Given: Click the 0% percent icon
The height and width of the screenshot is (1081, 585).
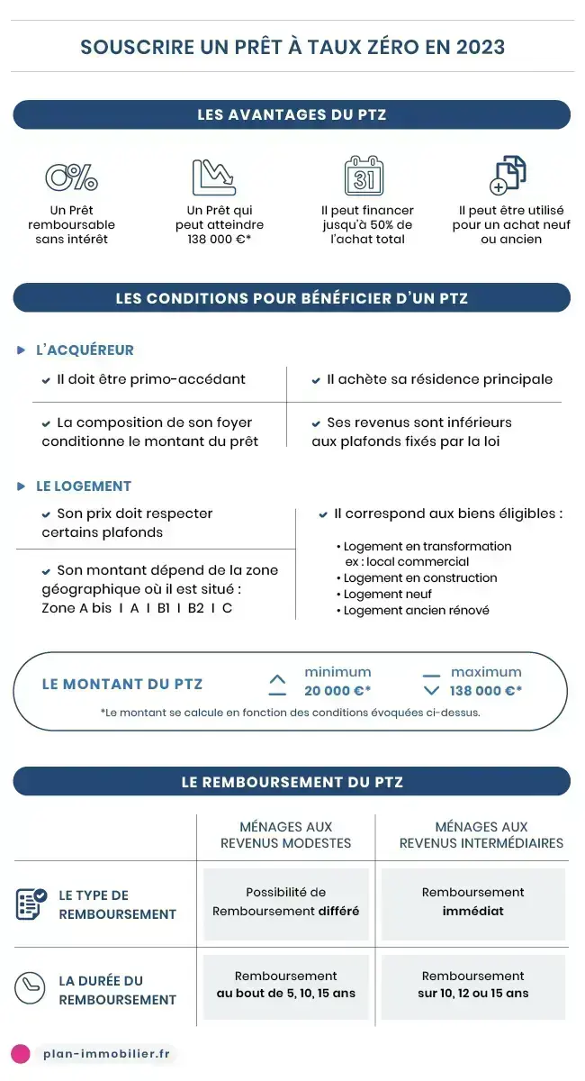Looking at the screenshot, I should [x=71, y=177].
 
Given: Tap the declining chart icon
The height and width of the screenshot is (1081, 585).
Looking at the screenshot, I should [x=213, y=177].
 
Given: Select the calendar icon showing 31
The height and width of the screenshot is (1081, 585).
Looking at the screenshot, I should [x=364, y=177].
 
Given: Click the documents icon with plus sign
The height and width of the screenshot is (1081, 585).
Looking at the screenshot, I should [x=508, y=176].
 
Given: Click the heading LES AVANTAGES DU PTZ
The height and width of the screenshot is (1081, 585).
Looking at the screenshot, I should [x=292, y=114].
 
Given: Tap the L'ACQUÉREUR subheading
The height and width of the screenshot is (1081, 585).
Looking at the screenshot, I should [x=85, y=350].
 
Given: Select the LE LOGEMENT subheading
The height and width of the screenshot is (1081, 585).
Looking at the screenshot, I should [x=84, y=486].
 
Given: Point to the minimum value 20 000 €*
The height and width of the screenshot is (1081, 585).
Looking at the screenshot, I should [x=337, y=691].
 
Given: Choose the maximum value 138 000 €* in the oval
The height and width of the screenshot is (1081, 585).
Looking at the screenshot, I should [x=486, y=691].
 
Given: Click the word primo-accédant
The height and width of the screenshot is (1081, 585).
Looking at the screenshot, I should [x=193, y=379].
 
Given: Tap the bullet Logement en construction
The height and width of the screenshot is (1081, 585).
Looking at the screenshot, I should [x=419, y=578].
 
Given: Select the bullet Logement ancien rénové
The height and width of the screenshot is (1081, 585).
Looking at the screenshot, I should [x=416, y=611].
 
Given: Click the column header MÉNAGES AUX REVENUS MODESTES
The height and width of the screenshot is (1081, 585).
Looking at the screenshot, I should [x=286, y=835].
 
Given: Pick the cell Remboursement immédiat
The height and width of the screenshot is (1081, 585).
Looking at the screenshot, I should [x=472, y=902].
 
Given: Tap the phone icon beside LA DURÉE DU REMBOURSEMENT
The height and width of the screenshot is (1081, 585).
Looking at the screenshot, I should [x=30, y=989].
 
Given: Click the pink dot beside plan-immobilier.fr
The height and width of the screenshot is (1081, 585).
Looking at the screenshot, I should [x=21, y=1054].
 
